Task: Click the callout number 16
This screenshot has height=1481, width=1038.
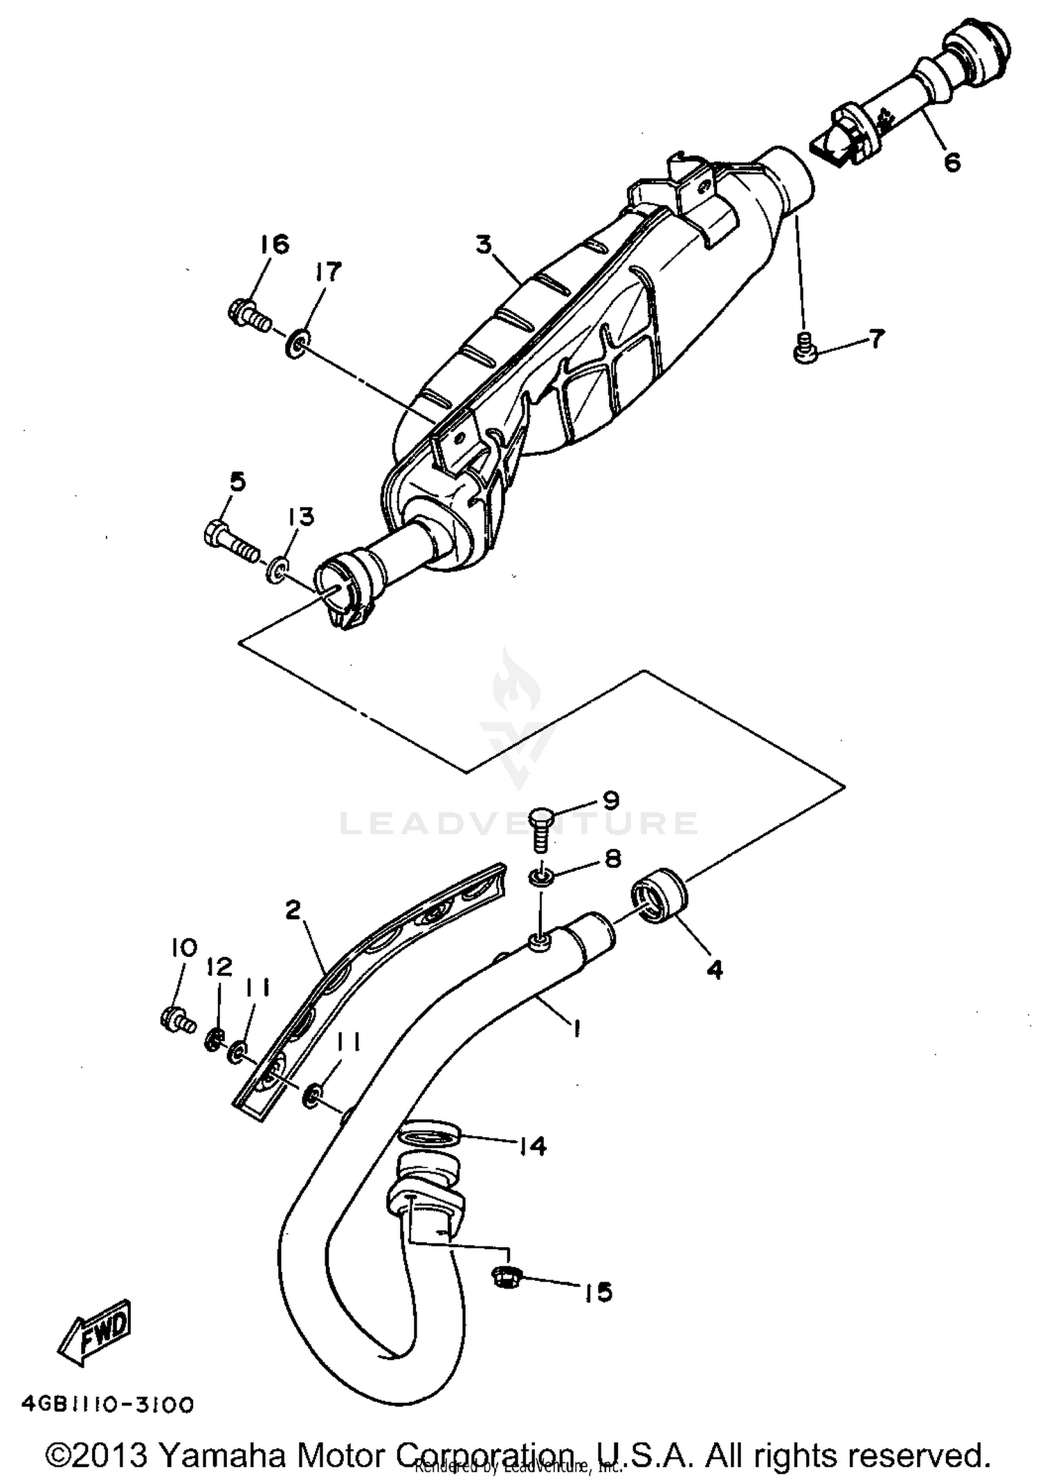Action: (275, 244)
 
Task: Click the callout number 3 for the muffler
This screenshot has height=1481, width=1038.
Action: (483, 244)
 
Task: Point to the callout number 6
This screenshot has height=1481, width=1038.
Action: (952, 163)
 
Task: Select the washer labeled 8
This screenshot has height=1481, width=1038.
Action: (541, 879)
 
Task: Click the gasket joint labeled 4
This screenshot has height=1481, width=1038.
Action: (659, 897)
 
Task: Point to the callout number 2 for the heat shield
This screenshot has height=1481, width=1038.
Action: (293, 911)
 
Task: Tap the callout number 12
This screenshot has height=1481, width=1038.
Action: (219, 967)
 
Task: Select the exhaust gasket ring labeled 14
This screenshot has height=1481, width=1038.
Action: (430, 1136)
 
